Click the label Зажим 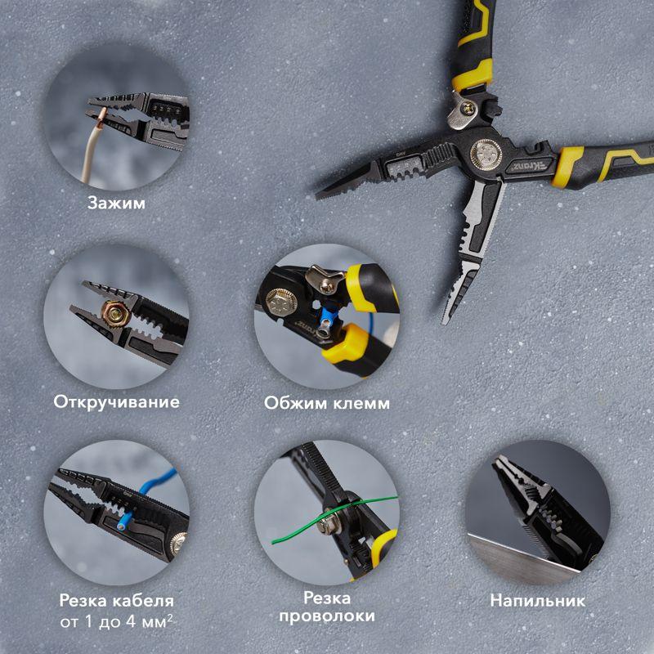pos(116,203)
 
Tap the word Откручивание pos(116,402)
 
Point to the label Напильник pos(538,601)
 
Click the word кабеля pos(145,601)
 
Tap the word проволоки pos(326,616)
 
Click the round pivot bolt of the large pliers pos(486,154)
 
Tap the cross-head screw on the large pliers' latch pos(467,110)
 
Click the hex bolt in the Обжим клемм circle pos(281,301)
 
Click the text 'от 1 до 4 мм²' pos(116,622)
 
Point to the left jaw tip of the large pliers pos(318,195)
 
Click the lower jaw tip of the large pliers pos(445,320)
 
